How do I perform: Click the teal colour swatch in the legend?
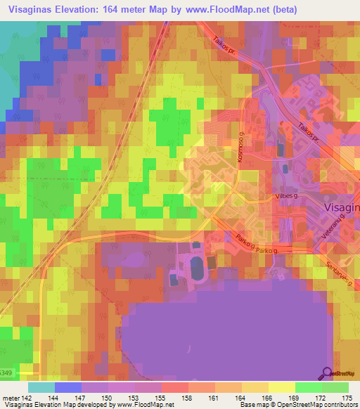click(x=41, y=387)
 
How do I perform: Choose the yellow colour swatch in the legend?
click(x=281, y=387)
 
